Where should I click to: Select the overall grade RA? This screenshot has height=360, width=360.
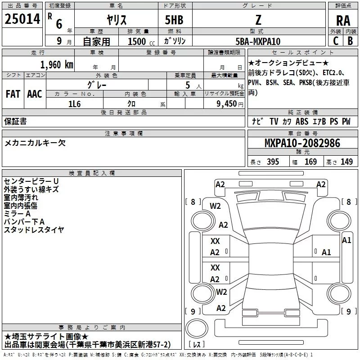pyautogui.click(x=343, y=21)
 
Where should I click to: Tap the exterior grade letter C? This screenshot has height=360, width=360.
pyautogui.click(x=335, y=40)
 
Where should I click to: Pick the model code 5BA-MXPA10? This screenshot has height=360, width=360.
pyautogui.click(x=258, y=41)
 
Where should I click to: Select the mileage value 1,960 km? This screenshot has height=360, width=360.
pyautogui.click(x=56, y=64)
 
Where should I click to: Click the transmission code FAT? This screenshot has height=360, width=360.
pyautogui.click(x=13, y=94)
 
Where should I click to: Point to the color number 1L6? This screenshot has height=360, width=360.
pyautogui.click(x=74, y=104)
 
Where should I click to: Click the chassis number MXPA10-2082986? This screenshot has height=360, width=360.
pyautogui.click(x=302, y=143)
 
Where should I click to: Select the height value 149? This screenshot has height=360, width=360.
pyautogui.click(x=347, y=162)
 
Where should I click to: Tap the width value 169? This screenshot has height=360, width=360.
pyautogui.click(x=311, y=162)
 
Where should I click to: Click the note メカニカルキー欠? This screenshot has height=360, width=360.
pyautogui.click(x=35, y=143)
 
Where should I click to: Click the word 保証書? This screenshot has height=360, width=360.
pyautogui.click(x=15, y=121)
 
